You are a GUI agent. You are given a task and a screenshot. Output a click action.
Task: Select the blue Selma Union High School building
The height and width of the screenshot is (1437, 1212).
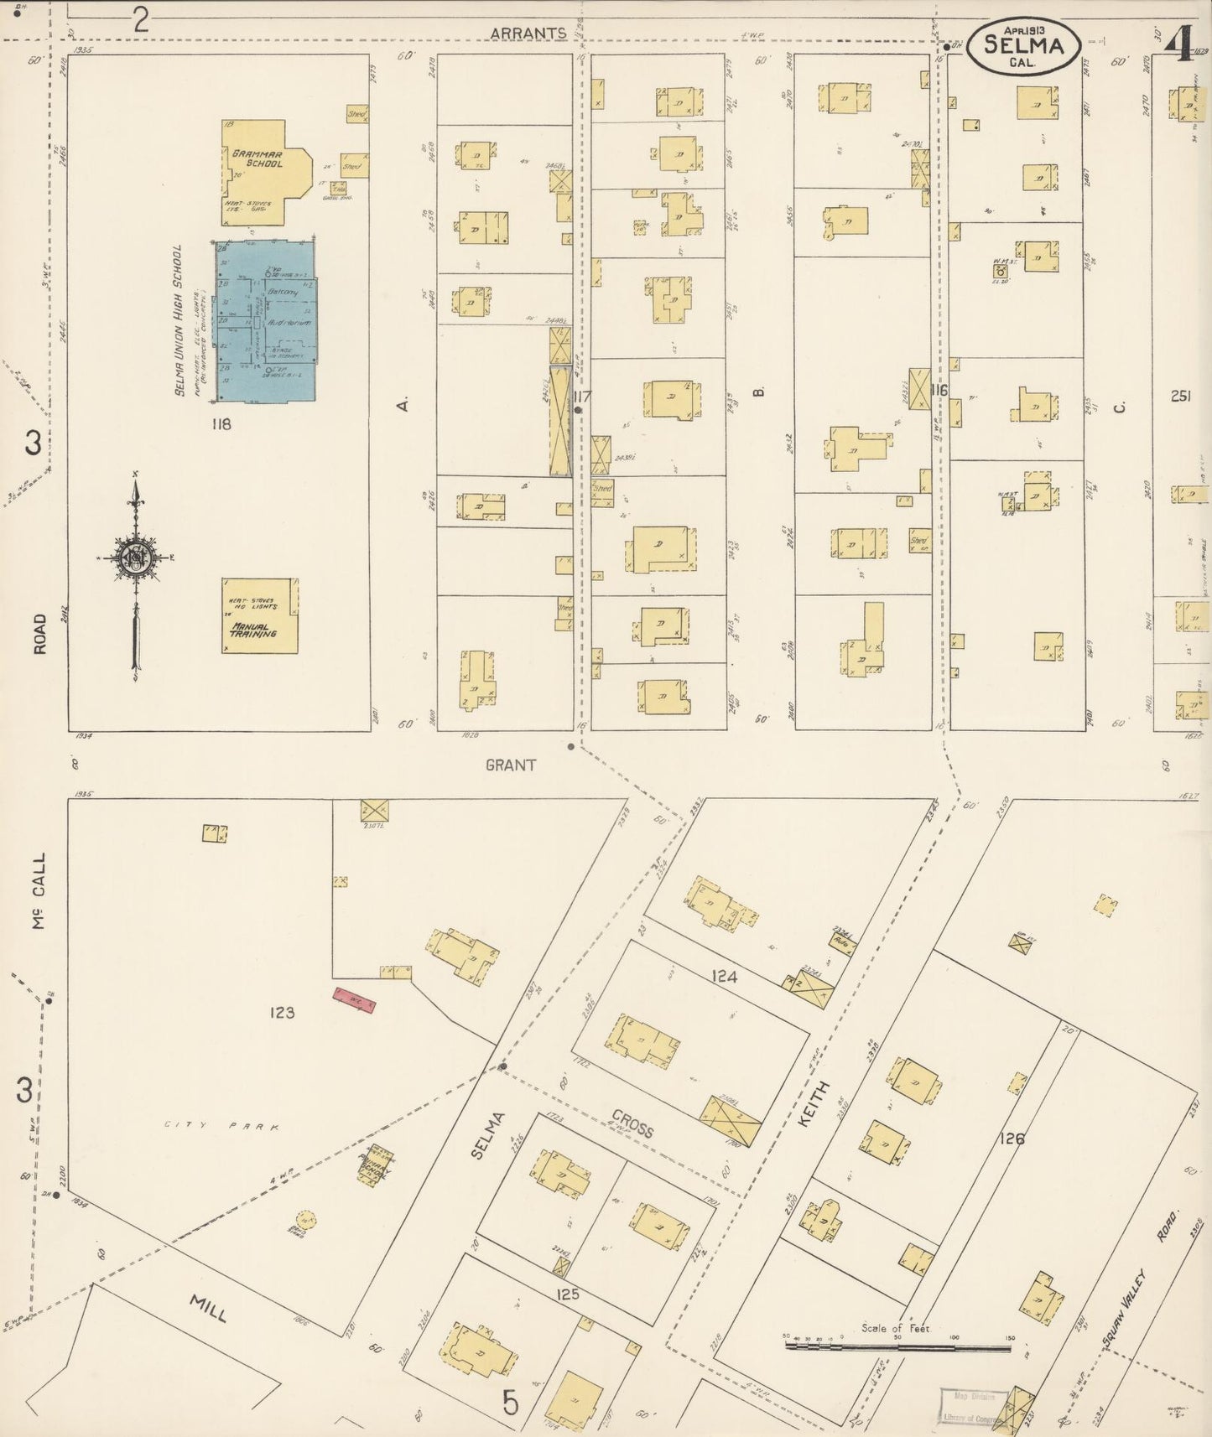coord(265,323)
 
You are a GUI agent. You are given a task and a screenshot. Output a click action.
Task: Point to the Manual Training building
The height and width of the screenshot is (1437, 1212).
coord(259,615)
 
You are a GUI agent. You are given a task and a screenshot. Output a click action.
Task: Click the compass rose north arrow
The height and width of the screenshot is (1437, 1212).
coord(134,558)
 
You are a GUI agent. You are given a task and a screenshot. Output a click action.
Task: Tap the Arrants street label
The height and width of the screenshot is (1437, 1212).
coord(528,33)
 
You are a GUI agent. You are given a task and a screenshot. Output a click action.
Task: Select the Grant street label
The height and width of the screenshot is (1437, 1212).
coord(510,765)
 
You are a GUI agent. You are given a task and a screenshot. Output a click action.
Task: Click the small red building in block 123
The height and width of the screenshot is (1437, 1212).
coord(353,999)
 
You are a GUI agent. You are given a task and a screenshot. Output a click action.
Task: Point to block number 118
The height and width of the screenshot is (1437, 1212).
coord(221,424)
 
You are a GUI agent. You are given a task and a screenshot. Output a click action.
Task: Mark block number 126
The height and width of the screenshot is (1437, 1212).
coord(1012,1139)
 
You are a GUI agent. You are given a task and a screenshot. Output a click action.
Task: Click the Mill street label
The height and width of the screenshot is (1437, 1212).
coord(207,1308)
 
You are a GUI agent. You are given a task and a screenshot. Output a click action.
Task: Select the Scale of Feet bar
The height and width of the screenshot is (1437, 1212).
coord(897,1347)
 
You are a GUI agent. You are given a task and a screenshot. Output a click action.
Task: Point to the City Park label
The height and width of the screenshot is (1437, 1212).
coord(220,1128)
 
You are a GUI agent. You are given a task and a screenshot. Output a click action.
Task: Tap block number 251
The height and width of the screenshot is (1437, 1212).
coord(1180,396)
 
